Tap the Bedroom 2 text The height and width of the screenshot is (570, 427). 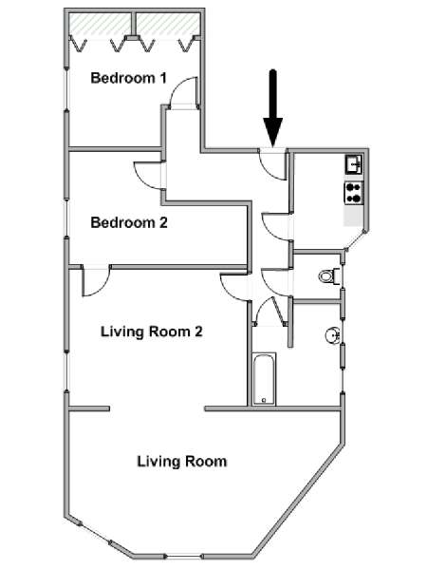[x=128, y=223]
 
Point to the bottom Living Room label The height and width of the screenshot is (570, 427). [x=181, y=462]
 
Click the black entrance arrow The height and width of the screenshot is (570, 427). [x=272, y=104]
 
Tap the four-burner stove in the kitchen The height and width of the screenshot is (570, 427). [x=354, y=193]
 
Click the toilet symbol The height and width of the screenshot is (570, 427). [x=328, y=276]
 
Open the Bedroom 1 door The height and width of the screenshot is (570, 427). [x=185, y=93]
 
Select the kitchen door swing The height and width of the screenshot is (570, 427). [x=273, y=224]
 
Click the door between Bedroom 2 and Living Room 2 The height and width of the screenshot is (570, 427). [x=95, y=279]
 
